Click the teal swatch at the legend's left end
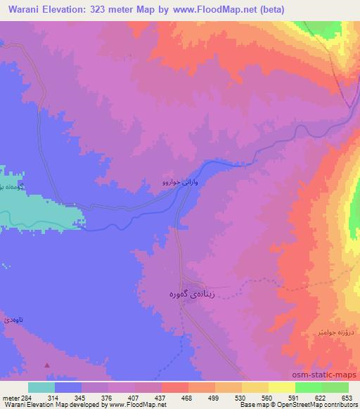[x=41, y=387]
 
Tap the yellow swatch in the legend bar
[x=282, y=387]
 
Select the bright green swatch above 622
[x=309, y=387]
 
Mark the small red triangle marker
[x=47, y=365]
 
